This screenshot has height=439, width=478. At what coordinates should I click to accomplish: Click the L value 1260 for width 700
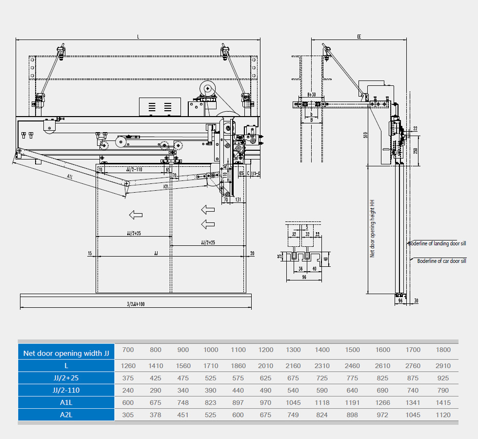128,366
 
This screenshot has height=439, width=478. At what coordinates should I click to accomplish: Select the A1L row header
66,402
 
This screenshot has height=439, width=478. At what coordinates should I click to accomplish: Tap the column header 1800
444,350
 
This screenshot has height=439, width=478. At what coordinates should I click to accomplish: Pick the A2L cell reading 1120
444,415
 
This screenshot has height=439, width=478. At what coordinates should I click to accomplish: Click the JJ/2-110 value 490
266,390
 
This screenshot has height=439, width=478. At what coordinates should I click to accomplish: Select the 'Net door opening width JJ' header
66,353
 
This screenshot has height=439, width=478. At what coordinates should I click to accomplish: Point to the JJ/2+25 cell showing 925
444,378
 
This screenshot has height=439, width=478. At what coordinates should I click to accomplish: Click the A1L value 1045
293,403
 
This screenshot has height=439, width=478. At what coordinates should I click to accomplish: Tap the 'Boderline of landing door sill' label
437,243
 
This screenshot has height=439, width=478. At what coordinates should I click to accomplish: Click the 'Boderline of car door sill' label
441,261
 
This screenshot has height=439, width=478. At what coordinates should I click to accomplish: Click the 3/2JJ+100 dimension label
135,304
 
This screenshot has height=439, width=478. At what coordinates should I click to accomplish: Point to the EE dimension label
359,37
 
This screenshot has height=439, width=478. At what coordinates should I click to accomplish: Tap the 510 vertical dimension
366,135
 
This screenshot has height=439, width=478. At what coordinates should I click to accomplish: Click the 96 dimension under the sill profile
303,277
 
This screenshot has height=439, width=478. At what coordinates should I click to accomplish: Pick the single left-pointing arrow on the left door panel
136,214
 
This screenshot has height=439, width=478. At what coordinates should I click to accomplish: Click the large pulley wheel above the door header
208,88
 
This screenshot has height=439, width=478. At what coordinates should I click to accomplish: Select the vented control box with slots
160,107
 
